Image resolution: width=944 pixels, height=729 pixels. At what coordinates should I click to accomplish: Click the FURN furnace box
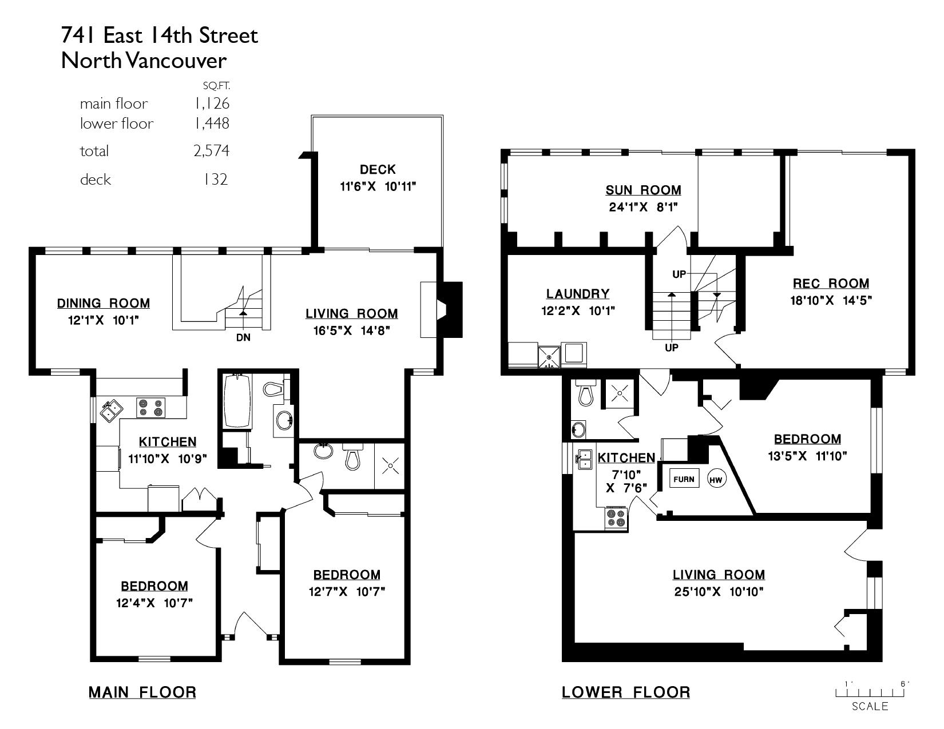click(684, 479)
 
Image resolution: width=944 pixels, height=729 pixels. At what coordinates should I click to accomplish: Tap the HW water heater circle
click(716, 479)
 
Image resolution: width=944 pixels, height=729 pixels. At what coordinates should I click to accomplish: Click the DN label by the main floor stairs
click(243, 337)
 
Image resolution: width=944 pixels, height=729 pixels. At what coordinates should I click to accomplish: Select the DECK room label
click(378, 169)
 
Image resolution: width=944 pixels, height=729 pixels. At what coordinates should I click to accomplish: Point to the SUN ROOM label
click(644, 190)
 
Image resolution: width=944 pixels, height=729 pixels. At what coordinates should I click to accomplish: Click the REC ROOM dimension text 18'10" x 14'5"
click(831, 300)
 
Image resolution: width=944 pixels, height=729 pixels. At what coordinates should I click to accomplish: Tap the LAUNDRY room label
click(578, 294)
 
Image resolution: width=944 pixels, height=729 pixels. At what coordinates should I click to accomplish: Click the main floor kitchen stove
click(151, 408)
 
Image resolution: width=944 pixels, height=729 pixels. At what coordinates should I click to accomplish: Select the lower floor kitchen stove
click(616, 518)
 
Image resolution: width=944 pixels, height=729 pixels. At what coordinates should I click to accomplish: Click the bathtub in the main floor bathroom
click(237, 401)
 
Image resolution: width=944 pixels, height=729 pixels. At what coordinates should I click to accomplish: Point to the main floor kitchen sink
click(112, 411)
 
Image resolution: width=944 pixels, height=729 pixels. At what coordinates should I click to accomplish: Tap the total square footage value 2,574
click(211, 151)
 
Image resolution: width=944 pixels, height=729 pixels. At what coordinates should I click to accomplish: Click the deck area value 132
click(216, 180)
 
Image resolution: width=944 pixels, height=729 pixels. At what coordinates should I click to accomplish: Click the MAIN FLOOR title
click(142, 692)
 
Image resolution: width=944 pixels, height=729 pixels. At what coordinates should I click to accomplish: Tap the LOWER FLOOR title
click(626, 692)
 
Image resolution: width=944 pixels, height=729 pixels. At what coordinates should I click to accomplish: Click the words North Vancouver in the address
click(144, 61)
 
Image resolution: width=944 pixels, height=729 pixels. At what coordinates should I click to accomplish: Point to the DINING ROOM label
click(104, 303)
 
